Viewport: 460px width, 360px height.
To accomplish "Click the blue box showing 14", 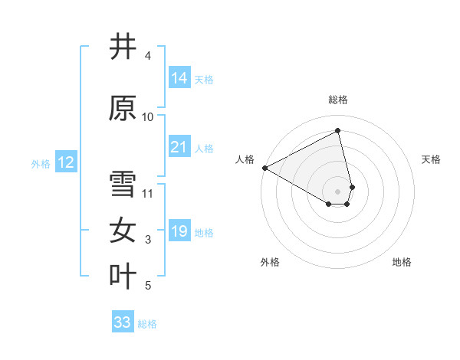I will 179,78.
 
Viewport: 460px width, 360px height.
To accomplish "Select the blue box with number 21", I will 179,147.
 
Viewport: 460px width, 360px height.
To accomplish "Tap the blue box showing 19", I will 179,231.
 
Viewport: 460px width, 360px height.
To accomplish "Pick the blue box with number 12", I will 66,162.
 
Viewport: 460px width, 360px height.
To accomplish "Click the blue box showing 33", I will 123,322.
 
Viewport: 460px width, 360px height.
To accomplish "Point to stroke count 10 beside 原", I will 148,117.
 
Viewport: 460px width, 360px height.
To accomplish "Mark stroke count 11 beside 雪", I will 148,194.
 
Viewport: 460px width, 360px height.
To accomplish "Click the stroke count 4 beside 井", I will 148,56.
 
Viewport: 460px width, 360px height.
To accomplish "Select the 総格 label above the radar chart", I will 338,100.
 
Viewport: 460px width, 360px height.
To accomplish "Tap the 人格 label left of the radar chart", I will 245,159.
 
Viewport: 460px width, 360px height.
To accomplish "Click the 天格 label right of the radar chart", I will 432,159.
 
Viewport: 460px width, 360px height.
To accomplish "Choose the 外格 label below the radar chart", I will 270,262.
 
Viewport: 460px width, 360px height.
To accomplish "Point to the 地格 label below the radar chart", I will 402,262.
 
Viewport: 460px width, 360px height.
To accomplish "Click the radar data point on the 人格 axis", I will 264,168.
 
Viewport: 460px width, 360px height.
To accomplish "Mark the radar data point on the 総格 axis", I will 338,130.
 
